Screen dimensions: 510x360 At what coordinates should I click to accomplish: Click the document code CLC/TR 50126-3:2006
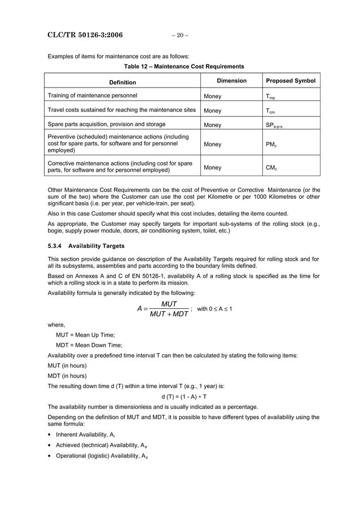(x=85, y=36)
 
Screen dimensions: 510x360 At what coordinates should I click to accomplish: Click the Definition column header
(x=122, y=82)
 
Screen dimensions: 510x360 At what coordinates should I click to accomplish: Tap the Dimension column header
(x=231, y=81)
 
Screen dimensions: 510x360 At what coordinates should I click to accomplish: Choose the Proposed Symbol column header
(x=291, y=81)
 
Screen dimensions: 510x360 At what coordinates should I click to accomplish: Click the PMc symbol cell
(x=271, y=144)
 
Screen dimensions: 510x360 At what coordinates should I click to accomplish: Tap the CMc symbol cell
(x=271, y=167)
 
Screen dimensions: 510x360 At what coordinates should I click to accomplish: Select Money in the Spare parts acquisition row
(x=213, y=125)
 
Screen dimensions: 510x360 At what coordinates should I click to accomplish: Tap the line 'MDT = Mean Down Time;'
(x=89, y=345)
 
